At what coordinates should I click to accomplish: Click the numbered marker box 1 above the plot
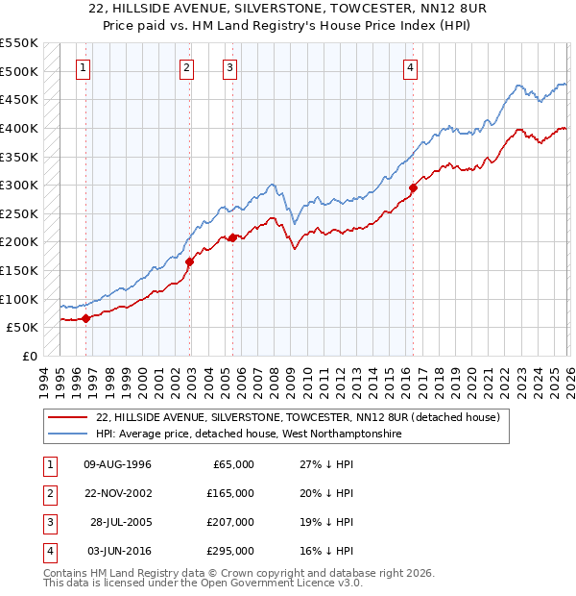pyautogui.click(x=84, y=67)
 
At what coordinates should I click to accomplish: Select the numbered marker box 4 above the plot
pyautogui.click(x=410, y=67)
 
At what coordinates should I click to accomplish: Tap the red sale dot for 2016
pyautogui.click(x=414, y=187)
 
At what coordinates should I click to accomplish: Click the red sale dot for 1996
pyautogui.click(x=85, y=318)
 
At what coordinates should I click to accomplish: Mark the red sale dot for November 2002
pyautogui.click(x=189, y=261)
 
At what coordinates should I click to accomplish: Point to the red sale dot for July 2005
pyautogui.click(x=232, y=236)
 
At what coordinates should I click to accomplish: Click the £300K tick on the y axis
pyautogui.click(x=19, y=185)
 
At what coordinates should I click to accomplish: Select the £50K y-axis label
pyautogui.click(x=23, y=328)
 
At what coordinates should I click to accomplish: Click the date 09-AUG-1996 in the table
pyautogui.click(x=118, y=464)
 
